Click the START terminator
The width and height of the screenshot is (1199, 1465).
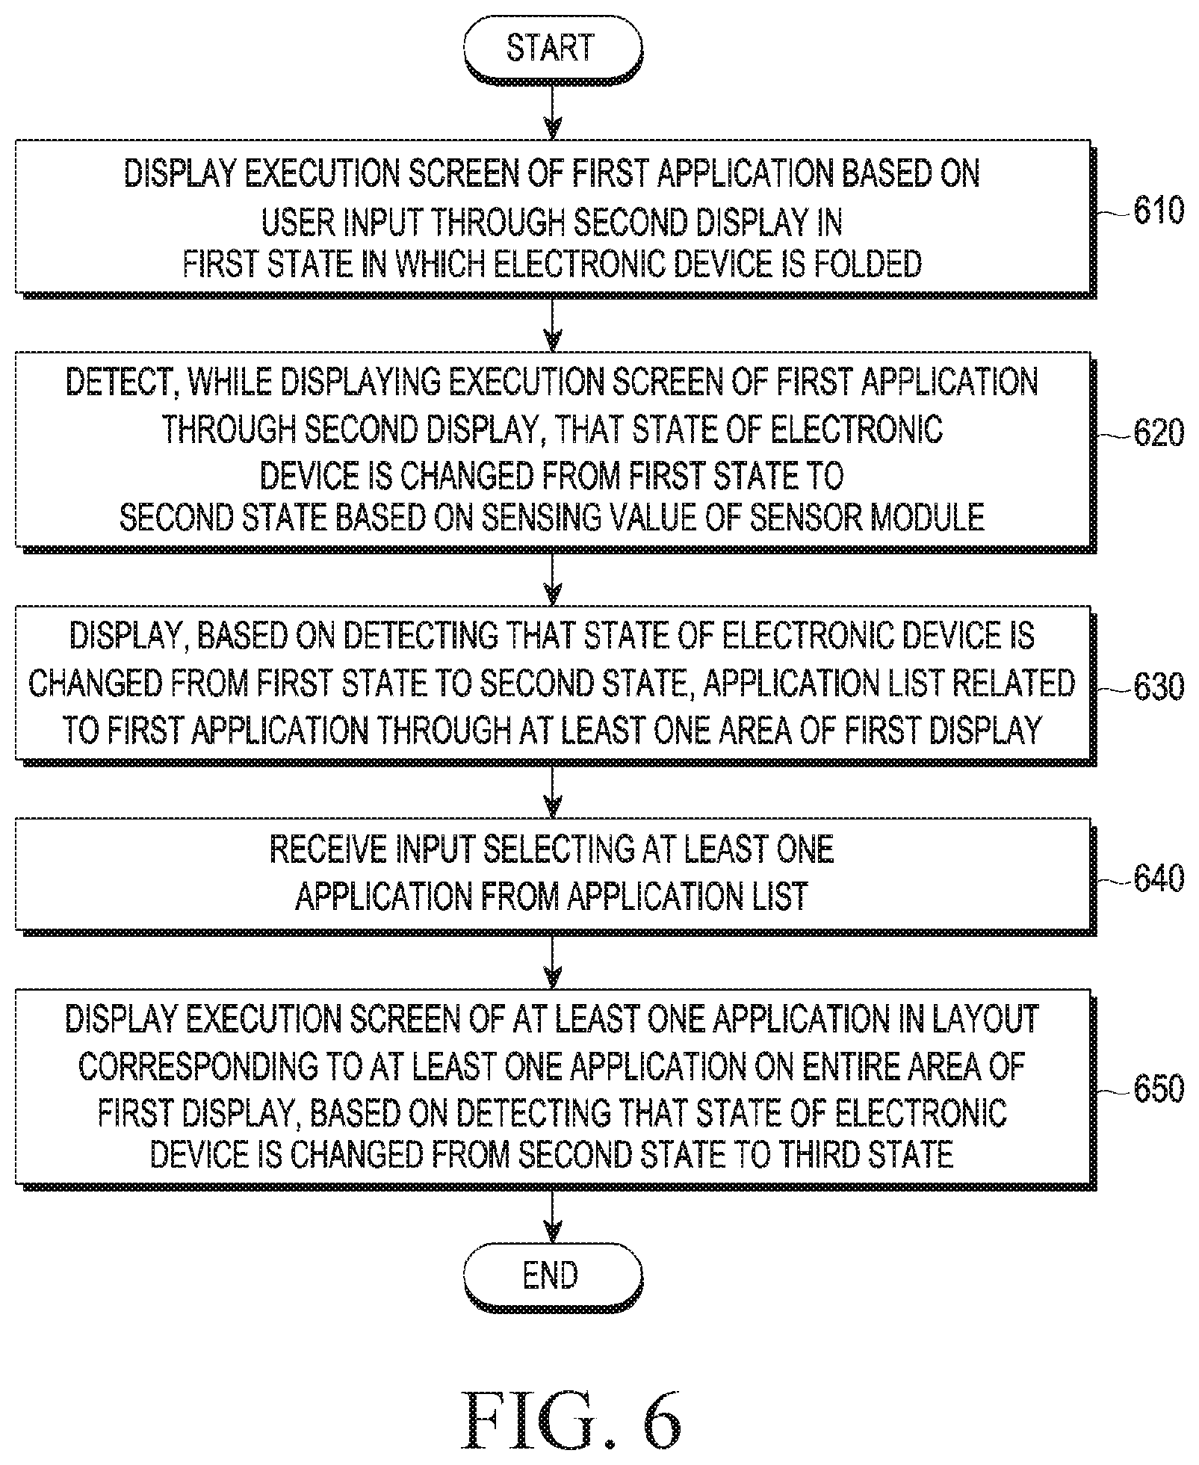point(553,50)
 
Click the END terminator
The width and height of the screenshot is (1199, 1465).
point(553,1275)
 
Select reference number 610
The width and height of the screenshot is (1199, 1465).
point(1158,211)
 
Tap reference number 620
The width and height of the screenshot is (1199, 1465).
point(1158,433)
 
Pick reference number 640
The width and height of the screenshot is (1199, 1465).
point(1158,878)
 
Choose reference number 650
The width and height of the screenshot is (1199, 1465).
point(1158,1088)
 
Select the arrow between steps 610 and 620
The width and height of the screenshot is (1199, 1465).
point(552,323)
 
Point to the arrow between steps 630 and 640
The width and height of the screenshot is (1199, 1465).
point(552,790)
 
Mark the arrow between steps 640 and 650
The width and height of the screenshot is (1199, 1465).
point(552,961)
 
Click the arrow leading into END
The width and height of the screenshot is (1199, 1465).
point(552,1214)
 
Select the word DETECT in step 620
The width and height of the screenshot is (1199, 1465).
point(120,383)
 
